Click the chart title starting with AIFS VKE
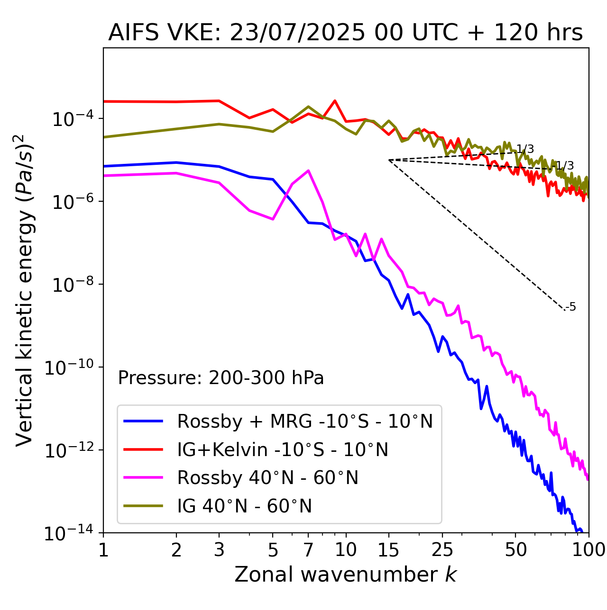click(x=345, y=33)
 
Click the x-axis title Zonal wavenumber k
click(x=345, y=574)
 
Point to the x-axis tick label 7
click(x=308, y=550)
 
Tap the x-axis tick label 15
click(x=389, y=550)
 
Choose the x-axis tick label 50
click(x=515, y=550)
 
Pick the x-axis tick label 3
click(x=219, y=550)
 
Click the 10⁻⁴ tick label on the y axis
click(x=72, y=119)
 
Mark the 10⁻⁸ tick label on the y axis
click(x=72, y=285)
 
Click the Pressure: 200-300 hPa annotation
click(x=221, y=378)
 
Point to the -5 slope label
click(x=571, y=307)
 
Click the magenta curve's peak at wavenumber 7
click(x=308, y=170)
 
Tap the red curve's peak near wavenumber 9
click(x=335, y=101)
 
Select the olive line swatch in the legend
click(x=143, y=506)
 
